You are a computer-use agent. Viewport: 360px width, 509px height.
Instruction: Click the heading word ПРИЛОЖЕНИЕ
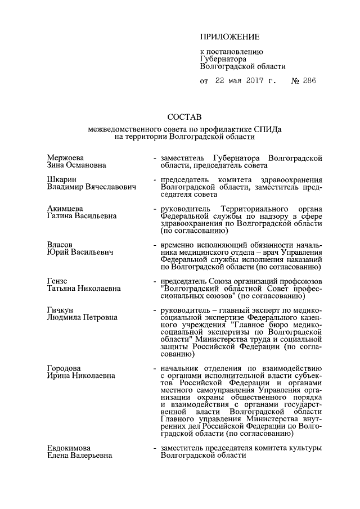pos(229,37)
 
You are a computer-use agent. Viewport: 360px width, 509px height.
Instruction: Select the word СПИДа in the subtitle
pos(269,129)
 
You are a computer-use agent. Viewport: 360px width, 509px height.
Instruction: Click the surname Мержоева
pos(66,159)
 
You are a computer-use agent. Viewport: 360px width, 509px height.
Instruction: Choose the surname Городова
pos(65,368)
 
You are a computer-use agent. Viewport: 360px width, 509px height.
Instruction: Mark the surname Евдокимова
pos(70,448)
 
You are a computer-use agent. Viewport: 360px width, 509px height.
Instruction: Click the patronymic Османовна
pos(92,166)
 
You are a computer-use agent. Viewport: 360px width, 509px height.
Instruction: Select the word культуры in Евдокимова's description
pos(304,448)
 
